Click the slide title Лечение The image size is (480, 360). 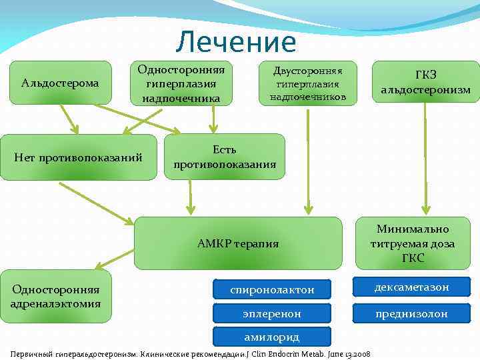pyautogui.click(x=236, y=42)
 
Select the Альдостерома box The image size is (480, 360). pyautogui.click(x=60, y=83)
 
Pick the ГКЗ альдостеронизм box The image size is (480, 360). pyautogui.click(x=425, y=82)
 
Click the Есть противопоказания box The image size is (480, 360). pyautogui.click(x=224, y=157)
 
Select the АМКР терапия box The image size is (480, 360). pyautogui.click(x=238, y=243)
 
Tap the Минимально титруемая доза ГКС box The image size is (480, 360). pyautogui.click(x=413, y=243)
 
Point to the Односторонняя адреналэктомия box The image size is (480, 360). pyautogui.click(x=55, y=296)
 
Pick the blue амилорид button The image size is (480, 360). pyautogui.click(x=272, y=337)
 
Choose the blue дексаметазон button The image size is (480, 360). pyautogui.click(x=411, y=287)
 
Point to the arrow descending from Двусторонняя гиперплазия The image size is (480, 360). pyautogui.click(x=307, y=160)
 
